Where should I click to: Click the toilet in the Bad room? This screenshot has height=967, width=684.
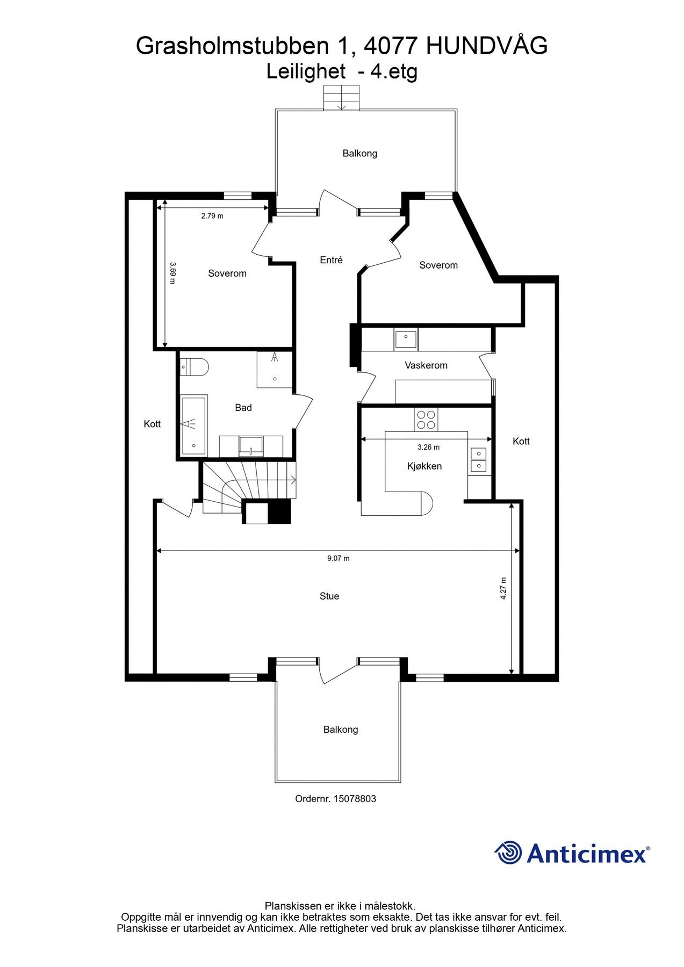click(x=195, y=367)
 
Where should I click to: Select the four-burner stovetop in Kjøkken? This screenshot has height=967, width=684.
click(x=426, y=419)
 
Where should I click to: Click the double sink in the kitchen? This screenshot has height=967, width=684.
click(x=478, y=460)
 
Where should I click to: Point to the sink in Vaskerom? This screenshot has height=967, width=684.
click(x=406, y=340)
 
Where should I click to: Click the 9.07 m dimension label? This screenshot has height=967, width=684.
click(x=339, y=558)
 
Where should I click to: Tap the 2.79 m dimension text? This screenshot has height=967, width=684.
click(x=212, y=216)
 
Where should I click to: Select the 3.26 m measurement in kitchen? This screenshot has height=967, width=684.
click(x=428, y=447)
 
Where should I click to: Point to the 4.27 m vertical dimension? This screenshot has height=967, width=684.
click(x=503, y=589)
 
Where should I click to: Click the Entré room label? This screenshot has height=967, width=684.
click(x=331, y=260)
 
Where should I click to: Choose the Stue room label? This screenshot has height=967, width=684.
click(x=329, y=596)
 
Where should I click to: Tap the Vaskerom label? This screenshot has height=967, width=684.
click(x=426, y=365)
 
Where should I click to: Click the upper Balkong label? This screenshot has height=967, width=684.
click(x=360, y=154)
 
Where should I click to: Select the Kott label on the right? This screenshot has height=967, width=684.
click(x=521, y=442)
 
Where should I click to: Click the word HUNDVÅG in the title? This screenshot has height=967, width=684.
click(x=487, y=46)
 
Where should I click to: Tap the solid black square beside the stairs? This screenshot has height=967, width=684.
click(x=279, y=511)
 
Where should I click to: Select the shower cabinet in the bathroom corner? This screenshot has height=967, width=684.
click(x=274, y=370)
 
